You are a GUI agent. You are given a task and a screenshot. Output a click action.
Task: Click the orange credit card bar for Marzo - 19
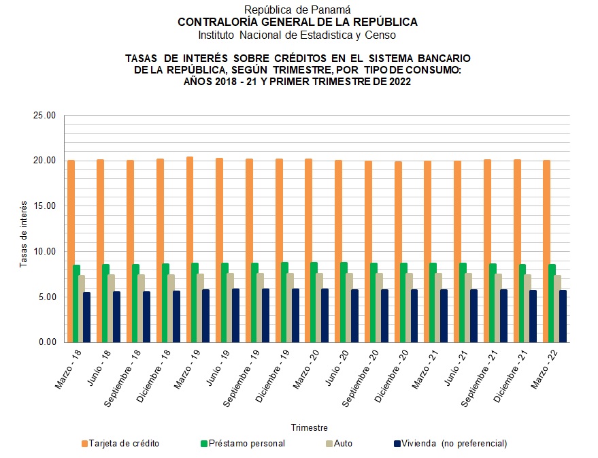[x=190, y=249]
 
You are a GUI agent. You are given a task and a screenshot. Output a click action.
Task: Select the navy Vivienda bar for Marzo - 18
[x=86, y=316]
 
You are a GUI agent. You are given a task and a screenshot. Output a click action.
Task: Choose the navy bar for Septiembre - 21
[x=503, y=315]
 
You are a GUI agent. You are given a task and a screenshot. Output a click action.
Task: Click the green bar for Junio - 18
[x=105, y=303]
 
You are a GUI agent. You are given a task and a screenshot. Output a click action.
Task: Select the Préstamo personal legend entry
[x=242, y=444]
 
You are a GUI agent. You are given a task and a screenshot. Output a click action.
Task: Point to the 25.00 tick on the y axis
[x=44, y=116]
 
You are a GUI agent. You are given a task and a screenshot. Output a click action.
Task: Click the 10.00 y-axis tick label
[x=44, y=252]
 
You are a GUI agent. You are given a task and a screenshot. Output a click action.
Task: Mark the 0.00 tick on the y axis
[x=46, y=342]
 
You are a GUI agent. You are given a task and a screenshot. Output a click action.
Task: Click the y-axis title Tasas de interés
[x=23, y=233]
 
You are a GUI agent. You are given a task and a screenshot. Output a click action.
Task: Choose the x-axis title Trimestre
[x=310, y=428]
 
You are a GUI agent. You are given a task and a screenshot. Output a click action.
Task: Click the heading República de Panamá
[x=297, y=10]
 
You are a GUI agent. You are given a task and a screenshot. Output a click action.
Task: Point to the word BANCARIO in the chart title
[x=439, y=59]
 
